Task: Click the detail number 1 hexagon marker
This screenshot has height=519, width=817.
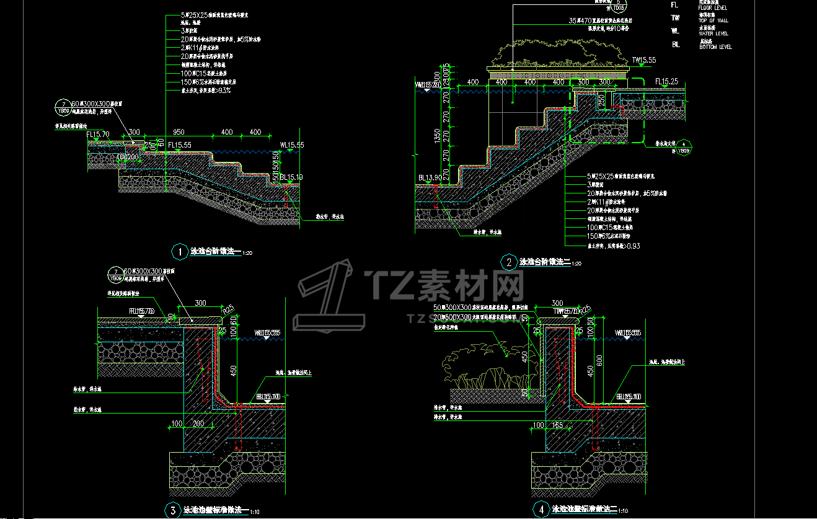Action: tap(179, 252)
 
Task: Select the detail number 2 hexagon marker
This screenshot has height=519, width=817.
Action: tap(509, 263)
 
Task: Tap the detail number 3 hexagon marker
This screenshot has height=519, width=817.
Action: tap(172, 510)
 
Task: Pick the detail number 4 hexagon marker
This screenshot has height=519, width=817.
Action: tap(541, 510)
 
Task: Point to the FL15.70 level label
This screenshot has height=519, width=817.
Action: tap(98, 134)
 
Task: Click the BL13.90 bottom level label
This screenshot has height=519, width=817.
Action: tap(429, 177)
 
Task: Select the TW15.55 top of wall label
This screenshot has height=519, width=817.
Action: tap(643, 60)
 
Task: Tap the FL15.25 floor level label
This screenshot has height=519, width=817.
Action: tap(667, 82)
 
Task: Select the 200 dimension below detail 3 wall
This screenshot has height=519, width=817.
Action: tap(198, 424)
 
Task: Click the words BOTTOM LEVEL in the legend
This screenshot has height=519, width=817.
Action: tap(715, 47)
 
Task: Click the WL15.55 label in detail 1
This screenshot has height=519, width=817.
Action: tap(291, 145)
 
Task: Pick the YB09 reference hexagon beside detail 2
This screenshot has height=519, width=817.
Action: tap(683, 147)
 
